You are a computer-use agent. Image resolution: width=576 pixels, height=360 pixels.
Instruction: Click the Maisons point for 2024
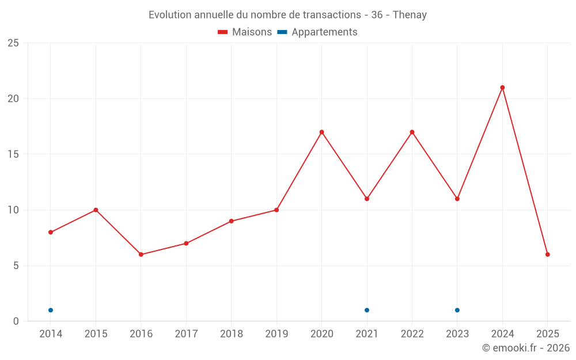(502, 88)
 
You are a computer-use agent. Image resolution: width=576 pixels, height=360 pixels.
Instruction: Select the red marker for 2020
(321, 132)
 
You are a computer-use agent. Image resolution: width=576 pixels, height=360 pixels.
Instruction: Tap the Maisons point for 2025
(548, 255)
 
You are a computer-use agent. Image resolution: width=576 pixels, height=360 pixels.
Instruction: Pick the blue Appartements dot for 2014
(51, 310)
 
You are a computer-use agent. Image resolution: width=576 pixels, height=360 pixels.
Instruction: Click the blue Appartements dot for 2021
(367, 310)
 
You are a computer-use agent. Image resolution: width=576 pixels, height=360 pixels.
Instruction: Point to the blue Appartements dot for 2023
(457, 310)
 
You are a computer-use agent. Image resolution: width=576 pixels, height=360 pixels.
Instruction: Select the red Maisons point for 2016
(141, 255)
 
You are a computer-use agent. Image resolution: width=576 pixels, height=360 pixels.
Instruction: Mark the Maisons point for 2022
(412, 132)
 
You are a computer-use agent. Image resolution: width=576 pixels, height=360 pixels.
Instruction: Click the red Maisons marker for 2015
(96, 210)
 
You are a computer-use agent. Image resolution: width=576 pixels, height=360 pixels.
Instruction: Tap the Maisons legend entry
(245, 32)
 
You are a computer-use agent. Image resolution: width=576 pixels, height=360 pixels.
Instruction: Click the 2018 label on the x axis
(231, 334)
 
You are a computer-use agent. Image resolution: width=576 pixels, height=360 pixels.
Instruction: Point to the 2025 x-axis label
(548, 334)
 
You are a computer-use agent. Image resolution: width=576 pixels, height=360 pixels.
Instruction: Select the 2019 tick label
(276, 334)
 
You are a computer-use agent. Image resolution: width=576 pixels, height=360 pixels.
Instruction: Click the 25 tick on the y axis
(13, 43)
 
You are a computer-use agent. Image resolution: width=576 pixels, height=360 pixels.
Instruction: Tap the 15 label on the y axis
(13, 154)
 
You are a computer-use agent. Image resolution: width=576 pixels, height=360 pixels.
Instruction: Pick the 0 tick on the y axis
(16, 321)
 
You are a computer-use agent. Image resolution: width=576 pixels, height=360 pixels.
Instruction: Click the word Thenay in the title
(410, 15)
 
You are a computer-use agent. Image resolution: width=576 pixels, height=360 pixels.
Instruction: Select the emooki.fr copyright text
(526, 348)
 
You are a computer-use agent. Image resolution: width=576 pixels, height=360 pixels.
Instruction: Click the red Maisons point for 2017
(186, 244)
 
